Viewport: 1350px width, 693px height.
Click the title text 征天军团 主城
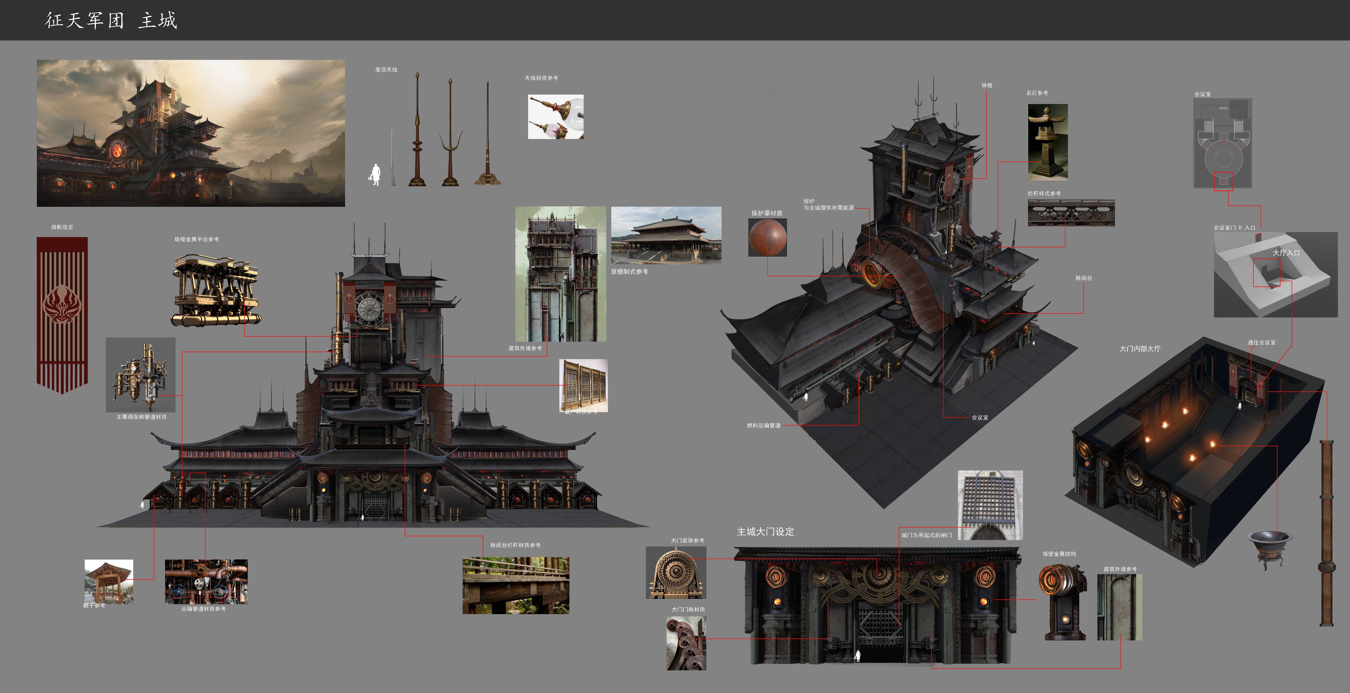(111, 20)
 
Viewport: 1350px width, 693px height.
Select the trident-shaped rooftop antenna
(450, 136)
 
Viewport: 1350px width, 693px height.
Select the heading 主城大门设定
(765, 532)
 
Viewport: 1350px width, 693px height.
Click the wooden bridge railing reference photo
(516, 585)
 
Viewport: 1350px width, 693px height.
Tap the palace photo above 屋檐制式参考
(666, 235)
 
